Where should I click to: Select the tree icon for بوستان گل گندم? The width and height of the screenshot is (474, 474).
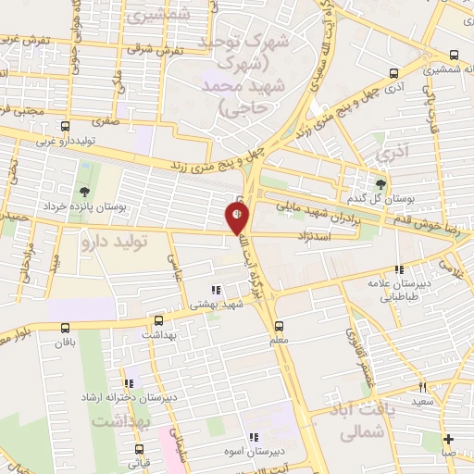380,183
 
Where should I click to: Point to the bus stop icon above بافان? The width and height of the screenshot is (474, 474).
65,328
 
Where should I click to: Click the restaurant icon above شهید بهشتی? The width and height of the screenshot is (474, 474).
216,289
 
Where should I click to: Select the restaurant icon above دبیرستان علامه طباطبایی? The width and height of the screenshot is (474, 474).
398,269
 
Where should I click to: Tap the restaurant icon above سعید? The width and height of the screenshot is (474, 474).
422,387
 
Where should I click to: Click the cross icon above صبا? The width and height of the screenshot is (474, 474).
448,439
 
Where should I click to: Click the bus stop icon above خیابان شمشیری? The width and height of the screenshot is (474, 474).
454,56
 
